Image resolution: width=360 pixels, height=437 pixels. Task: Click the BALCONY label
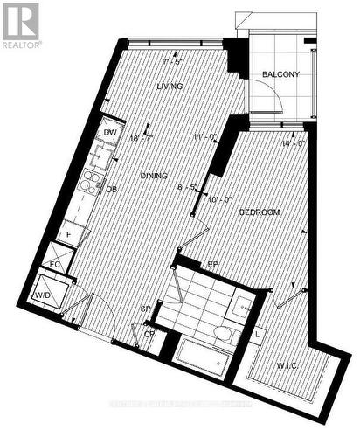(281, 75)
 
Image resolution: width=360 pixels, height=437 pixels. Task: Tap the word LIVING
(169, 87)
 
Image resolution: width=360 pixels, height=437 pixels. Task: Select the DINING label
(154, 177)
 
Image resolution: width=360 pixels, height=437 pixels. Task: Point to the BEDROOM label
(259, 212)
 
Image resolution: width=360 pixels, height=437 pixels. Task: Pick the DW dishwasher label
(110, 133)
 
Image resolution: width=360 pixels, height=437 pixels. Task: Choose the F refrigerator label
(69, 235)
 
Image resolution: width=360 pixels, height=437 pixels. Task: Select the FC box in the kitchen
(54, 262)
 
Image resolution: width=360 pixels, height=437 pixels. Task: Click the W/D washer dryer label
(41, 294)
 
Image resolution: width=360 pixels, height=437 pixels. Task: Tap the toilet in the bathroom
(223, 333)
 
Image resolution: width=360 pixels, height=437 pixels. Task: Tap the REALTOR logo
(20, 24)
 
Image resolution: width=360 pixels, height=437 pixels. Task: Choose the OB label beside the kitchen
(112, 189)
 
